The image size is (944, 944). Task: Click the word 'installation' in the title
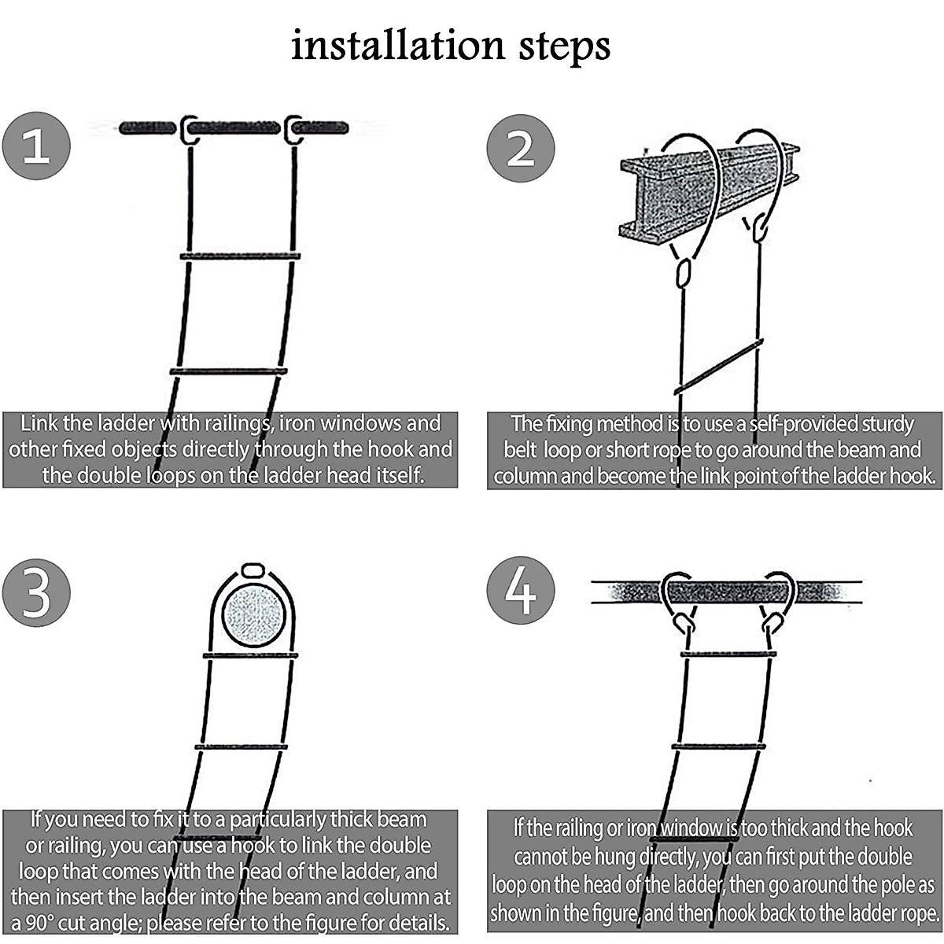[397, 46]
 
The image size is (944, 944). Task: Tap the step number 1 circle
[36, 146]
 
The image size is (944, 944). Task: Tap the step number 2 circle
[520, 149]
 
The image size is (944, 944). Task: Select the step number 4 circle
[520, 590]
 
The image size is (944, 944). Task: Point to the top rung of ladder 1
[240, 256]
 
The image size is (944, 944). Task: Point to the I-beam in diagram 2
[708, 189]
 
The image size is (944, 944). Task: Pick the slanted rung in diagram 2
[719, 367]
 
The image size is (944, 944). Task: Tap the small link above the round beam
[252, 570]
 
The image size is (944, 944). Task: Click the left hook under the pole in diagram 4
[684, 624]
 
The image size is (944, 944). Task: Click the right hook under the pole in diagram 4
[773, 624]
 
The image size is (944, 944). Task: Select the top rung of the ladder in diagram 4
[728, 654]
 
